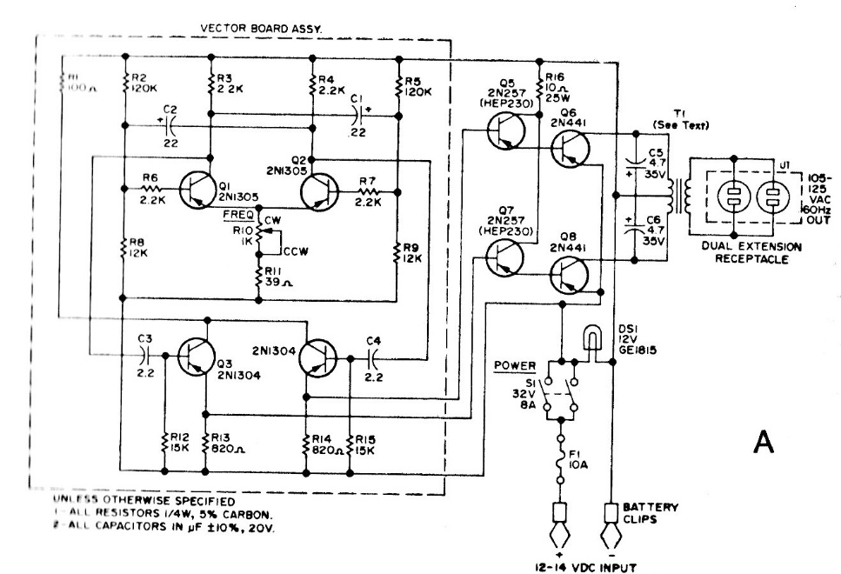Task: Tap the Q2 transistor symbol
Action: point(320,189)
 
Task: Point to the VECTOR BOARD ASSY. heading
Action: point(261,28)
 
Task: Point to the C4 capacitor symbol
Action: point(374,355)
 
